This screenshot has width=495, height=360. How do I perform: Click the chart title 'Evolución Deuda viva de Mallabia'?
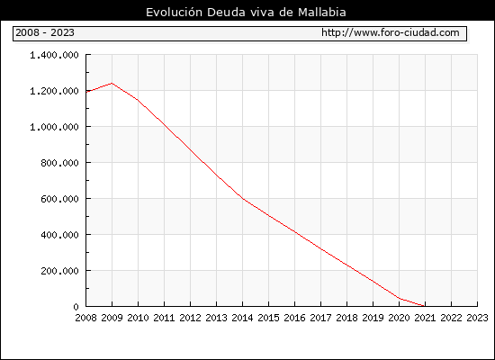click(246, 13)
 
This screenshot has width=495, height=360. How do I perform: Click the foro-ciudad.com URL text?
click(391, 32)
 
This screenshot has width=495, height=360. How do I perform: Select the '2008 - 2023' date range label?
click(45, 32)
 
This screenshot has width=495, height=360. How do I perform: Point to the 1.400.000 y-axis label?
click(54, 55)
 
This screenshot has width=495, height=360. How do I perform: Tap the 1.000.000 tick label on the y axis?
click(54, 127)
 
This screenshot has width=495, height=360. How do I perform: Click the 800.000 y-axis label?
click(59, 163)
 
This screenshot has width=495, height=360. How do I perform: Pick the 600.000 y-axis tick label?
click(59, 199)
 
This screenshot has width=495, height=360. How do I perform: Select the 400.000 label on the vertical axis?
click(59, 235)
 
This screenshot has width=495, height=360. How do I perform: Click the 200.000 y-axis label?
click(59, 271)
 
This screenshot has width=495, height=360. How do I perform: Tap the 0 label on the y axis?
click(76, 307)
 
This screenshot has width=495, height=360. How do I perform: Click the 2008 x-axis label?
click(85, 318)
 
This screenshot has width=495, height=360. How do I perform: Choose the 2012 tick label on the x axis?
click(191, 318)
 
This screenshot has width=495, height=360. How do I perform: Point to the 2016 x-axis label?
click(294, 318)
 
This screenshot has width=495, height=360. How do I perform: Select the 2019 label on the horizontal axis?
click(373, 318)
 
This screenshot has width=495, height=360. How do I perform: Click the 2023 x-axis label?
click(477, 318)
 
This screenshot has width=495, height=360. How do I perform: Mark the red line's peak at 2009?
click(112, 84)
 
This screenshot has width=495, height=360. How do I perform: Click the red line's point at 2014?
click(242, 198)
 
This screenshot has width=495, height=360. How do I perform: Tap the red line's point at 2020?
click(399, 298)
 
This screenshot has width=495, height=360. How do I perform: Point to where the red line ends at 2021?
click(425, 306)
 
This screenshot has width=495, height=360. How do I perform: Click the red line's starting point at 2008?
click(86, 92)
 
